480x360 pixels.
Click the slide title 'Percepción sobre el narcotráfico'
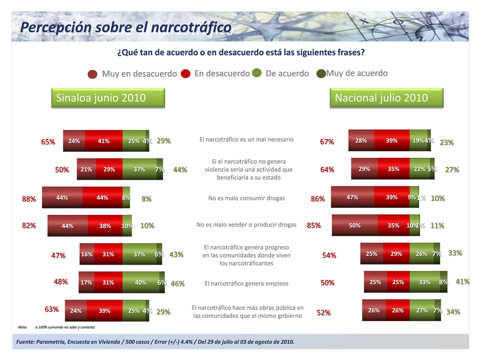point(126,27)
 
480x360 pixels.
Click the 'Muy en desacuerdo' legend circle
point(92,74)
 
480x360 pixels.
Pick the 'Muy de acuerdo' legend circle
point(321,74)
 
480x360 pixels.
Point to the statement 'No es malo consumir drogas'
point(246,198)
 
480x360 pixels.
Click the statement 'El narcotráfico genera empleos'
point(246,284)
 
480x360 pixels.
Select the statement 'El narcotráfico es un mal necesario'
point(246,140)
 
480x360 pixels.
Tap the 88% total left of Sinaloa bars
point(29,199)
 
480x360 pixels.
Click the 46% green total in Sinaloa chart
point(177,284)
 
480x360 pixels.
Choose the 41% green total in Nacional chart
point(463,282)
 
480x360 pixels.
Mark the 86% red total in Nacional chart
point(318,199)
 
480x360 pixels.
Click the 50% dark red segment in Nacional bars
point(355,225)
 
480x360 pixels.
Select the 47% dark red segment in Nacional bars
point(353,197)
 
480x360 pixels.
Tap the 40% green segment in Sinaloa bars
point(141,283)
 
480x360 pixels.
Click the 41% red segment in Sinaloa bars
point(104,141)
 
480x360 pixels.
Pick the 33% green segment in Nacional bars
point(424,282)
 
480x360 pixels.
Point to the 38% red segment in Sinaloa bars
point(105,226)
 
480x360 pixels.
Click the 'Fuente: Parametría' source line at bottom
point(155,342)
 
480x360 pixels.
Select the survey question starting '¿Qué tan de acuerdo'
point(240,52)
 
